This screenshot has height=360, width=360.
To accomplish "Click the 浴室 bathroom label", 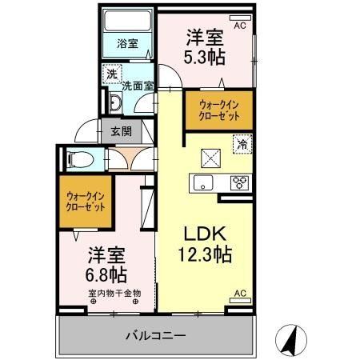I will coord(127,45).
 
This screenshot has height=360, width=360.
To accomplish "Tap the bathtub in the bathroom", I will coord(127,21).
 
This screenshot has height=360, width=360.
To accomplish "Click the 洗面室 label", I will coord(138,81).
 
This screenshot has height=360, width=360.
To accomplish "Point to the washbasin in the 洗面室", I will coord(115,102).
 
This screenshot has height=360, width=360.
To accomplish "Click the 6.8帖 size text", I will coord(106,274).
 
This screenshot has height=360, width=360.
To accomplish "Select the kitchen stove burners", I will coord(239,181).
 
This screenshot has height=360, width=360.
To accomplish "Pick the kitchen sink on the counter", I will coord(201,181).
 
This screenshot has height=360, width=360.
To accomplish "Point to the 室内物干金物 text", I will coord(114,293).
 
